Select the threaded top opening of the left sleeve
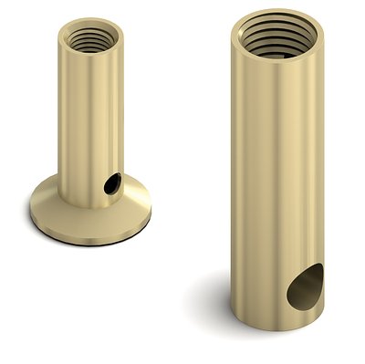89,38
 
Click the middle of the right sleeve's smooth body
274,173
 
